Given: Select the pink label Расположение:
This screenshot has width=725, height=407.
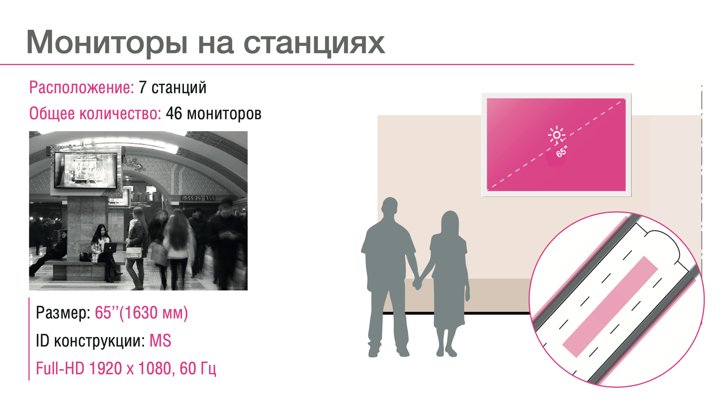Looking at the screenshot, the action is pos(82,88).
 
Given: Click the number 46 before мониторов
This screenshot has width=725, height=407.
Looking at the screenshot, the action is pos(174,113).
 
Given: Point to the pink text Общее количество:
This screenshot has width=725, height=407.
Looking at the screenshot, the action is pos(95,113).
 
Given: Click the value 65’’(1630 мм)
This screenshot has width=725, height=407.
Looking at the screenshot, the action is pos(141,313).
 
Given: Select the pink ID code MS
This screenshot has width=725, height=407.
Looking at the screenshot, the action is pos(160,341).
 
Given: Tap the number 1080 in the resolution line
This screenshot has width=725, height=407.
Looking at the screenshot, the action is pos(154,368).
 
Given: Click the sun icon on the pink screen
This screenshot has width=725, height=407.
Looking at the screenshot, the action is pos(557,135).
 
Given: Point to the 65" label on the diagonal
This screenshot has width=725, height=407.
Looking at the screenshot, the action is pos(561,152).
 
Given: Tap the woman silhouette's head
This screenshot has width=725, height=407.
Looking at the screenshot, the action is pos(450,222).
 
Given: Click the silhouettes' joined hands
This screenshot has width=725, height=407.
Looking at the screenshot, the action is pos(417,283).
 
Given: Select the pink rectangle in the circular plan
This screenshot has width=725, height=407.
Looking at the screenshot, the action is pos(610,306).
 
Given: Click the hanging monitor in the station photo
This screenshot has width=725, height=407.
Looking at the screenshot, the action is pos(86,170).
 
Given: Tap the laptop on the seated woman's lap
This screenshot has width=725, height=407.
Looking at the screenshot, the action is pos(109,248).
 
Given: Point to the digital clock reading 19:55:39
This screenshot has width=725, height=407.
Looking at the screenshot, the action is pos(191,198).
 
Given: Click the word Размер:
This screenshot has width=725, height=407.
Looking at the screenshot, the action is pos(63,313).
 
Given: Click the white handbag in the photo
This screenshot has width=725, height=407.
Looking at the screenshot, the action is pos(134,252).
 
